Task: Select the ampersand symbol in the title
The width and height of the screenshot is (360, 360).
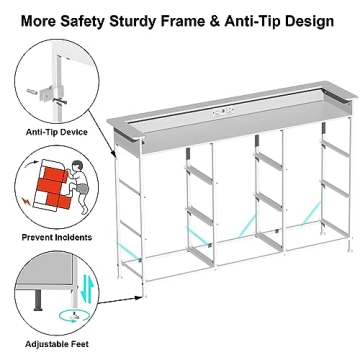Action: pyautogui.click(x=215, y=21)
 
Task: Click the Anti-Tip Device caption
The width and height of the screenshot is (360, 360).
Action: pyautogui.click(x=57, y=132)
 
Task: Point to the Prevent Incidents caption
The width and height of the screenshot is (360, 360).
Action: pyautogui.click(x=57, y=237)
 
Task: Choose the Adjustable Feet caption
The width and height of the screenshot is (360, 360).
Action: pyautogui.click(x=57, y=344)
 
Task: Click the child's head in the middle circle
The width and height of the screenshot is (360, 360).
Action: pyautogui.click(x=77, y=167)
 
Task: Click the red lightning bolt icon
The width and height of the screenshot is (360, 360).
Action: pyautogui.click(x=26, y=201)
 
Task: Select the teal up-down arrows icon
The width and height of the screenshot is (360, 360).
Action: pyautogui.click(x=85, y=288)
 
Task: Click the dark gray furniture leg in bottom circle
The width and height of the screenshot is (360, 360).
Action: pyautogui.click(x=38, y=299)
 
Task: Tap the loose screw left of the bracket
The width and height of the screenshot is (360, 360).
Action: pyautogui.click(x=32, y=91)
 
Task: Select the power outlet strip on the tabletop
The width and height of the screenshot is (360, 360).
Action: pyautogui.click(x=223, y=112)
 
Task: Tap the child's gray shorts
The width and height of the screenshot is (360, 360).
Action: pyautogui.click(x=82, y=189)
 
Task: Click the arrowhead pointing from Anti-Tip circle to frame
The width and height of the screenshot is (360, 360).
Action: pyautogui.click(x=114, y=154)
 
